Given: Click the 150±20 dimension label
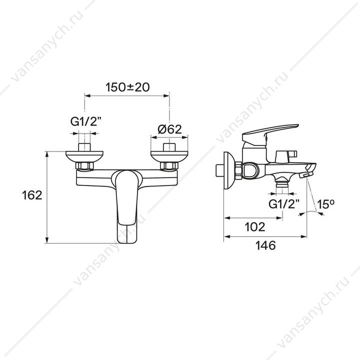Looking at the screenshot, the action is click(127, 87).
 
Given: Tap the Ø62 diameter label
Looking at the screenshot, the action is click(169, 129).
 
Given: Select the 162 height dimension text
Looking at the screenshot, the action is click(32, 195).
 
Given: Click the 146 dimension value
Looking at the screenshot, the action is click(265, 245).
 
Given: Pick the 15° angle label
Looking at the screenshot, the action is click(325, 204).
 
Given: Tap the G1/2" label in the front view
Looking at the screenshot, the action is click(86, 121).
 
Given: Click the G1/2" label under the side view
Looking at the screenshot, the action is click(284, 203).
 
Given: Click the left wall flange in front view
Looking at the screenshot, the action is click(84, 156).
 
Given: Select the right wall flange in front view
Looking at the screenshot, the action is click(169, 156).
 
